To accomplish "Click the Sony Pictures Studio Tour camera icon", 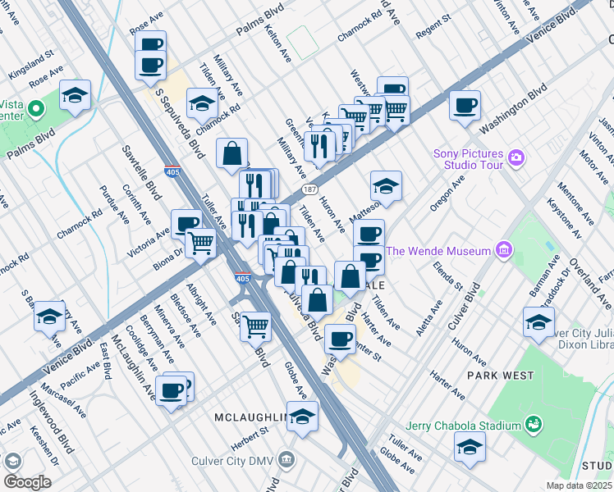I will (516, 157).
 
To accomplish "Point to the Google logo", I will (27, 481).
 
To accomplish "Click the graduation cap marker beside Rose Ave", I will (75, 96).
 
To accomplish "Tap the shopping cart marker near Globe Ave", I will (256, 326).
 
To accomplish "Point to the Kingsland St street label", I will (32, 61).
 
